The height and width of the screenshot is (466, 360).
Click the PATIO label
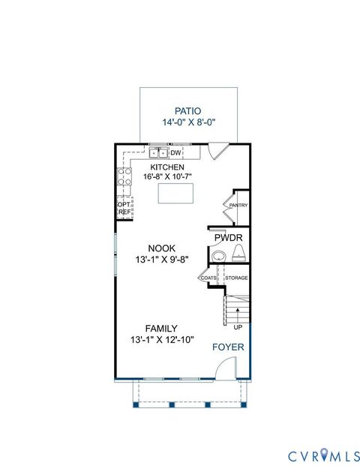[x=188, y=110]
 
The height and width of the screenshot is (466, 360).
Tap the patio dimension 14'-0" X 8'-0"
[x=188, y=123]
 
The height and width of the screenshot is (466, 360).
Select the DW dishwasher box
[x=176, y=154]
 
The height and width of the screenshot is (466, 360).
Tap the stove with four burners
[x=124, y=180]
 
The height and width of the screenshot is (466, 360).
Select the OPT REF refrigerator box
[x=124, y=208]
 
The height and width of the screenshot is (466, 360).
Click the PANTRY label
[x=238, y=205]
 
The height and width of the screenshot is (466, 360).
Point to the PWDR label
[x=228, y=238]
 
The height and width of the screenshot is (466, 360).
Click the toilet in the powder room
[x=238, y=257]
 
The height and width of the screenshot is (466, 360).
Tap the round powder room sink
[x=218, y=257]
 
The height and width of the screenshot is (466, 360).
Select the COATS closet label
[x=208, y=278]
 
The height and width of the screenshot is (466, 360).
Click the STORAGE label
[x=237, y=278]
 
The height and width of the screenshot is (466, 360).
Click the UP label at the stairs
[x=238, y=327]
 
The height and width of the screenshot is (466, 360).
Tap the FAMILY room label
[x=161, y=328]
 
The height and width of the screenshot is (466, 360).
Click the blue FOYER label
[x=227, y=347]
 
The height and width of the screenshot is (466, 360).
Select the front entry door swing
[x=224, y=368]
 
